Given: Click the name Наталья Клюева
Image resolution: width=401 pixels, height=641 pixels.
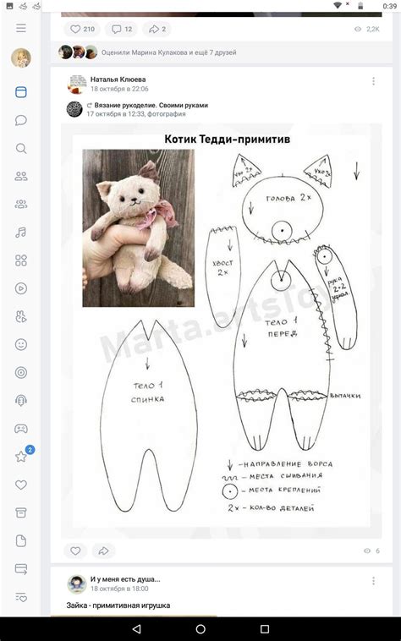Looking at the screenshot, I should [117, 79].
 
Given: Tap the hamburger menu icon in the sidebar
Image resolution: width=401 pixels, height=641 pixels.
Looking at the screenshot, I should [21, 28].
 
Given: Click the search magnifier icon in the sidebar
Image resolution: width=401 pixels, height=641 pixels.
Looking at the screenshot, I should [21, 149].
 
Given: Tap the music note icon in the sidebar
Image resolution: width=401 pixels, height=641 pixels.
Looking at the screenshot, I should [21, 233].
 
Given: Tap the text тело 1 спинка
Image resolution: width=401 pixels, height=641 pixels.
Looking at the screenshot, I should [148, 392].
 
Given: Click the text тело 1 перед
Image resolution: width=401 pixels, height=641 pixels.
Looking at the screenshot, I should [282, 328].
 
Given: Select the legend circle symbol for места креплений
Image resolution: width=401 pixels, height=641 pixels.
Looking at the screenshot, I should [229, 491].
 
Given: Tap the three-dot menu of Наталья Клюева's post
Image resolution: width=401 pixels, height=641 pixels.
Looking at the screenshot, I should [373, 81].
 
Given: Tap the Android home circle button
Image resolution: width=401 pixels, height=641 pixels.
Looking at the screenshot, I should [200, 629].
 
